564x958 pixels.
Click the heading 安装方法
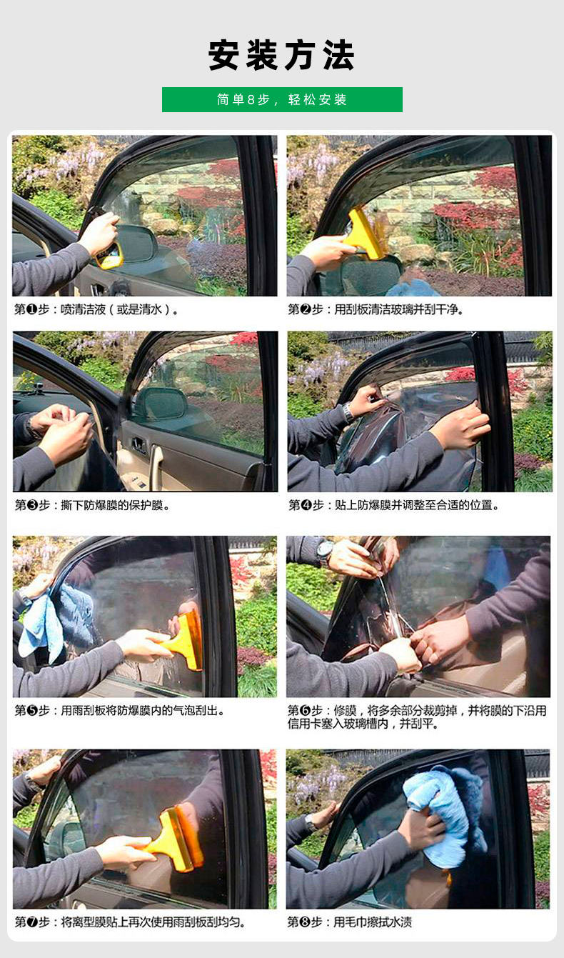pyautogui.click(x=281, y=55)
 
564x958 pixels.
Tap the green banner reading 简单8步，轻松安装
pyautogui.click(x=282, y=99)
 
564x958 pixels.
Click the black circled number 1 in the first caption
pyautogui.click(x=32, y=309)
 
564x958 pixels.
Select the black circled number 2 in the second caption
pyautogui.click(x=306, y=309)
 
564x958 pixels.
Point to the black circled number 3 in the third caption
pyautogui.click(x=32, y=505)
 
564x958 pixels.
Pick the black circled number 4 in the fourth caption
pyautogui.click(x=306, y=505)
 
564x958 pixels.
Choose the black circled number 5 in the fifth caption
pyautogui.click(x=32, y=710)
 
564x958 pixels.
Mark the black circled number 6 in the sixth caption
pyautogui.click(x=305, y=710)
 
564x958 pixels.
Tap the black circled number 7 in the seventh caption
pyautogui.click(x=32, y=922)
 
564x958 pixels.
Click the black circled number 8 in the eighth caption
pyautogui.click(x=305, y=922)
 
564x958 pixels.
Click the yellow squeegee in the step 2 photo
pyautogui.click(x=366, y=233)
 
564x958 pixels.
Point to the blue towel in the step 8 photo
pyautogui.click(x=444, y=817)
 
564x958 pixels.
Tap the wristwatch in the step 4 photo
pyautogui.click(x=348, y=413)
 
